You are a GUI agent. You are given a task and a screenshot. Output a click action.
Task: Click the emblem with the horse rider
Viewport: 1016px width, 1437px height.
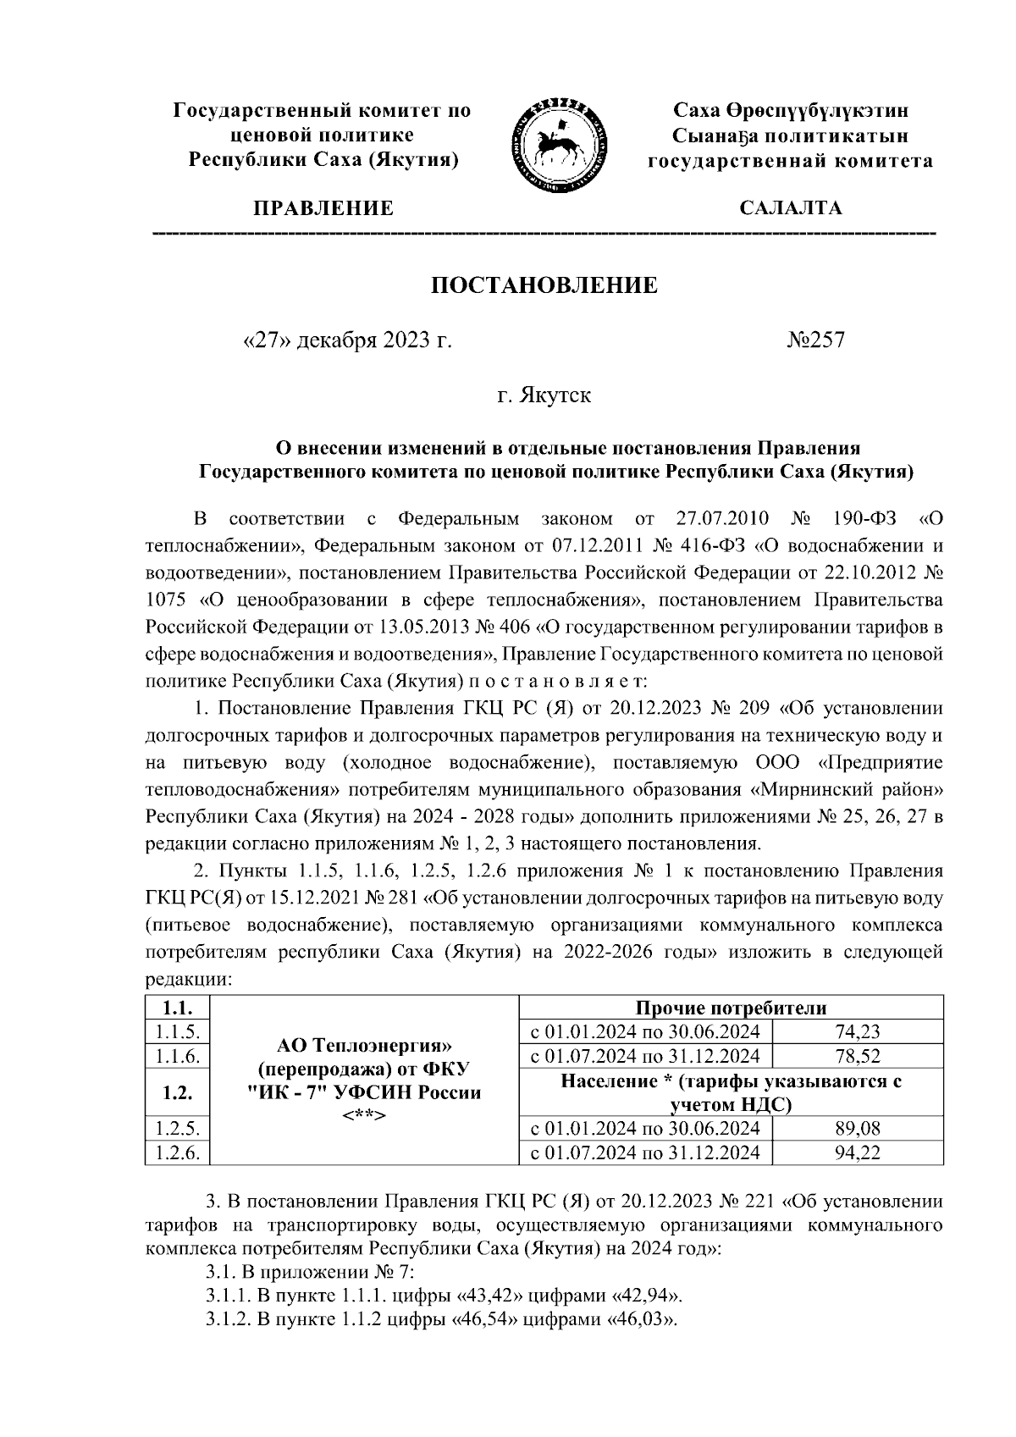[x=558, y=139]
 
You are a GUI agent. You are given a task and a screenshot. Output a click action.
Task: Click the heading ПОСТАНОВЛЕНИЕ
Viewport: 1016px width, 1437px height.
[x=544, y=285]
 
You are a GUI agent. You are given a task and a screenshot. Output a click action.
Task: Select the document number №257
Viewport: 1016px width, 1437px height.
[x=815, y=340]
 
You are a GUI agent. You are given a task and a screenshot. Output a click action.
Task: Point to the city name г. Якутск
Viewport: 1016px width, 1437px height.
[x=544, y=395]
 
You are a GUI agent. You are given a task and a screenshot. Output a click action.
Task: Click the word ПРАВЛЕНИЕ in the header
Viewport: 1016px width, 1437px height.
[x=323, y=208]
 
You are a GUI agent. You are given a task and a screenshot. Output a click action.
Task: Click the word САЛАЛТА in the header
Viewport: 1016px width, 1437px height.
[x=790, y=208]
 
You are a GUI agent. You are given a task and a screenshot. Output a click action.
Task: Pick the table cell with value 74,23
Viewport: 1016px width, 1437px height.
[x=858, y=1031]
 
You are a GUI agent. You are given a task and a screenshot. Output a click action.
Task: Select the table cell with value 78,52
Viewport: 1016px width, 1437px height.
[x=858, y=1056]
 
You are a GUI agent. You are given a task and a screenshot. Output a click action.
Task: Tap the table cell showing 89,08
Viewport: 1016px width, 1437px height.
[x=858, y=1128]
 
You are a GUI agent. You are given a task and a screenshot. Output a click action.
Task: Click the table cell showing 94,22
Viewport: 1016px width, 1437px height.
[x=858, y=1152]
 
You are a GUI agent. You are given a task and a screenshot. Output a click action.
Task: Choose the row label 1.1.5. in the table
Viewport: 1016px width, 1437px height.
[x=176, y=1031]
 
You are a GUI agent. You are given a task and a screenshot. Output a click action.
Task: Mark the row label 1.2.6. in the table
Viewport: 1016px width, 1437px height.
[x=176, y=1152]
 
